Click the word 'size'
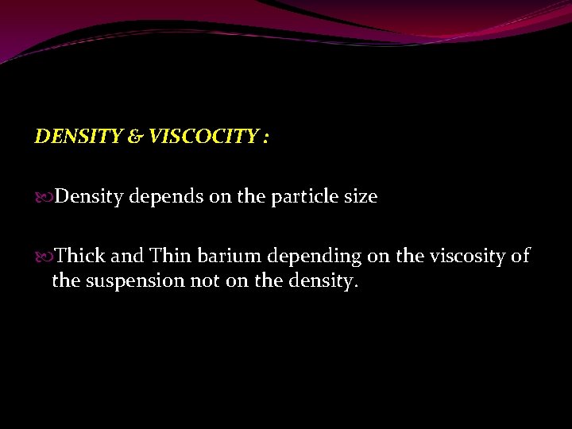tap(361, 197)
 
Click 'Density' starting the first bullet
tap(87, 197)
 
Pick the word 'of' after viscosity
tap(520, 256)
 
